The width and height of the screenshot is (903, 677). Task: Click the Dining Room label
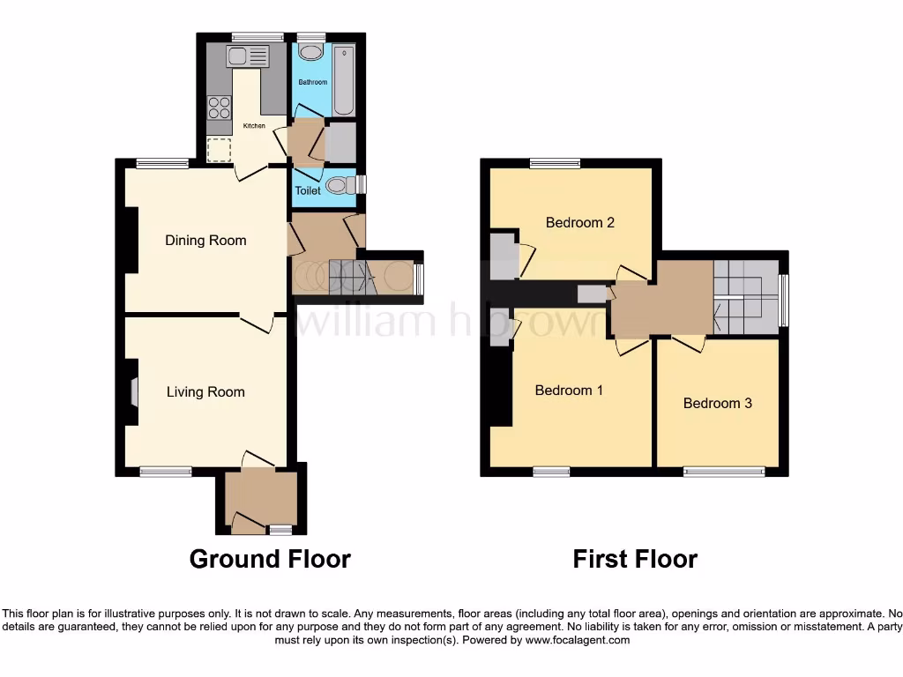[x=205, y=240]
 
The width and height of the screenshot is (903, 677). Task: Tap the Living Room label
[x=205, y=391]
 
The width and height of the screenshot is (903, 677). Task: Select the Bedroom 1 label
[x=569, y=390]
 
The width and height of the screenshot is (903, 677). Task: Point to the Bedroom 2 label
[x=579, y=222]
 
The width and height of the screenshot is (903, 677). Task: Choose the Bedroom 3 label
[x=717, y=403]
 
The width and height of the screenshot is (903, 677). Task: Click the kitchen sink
[x=246, y=57]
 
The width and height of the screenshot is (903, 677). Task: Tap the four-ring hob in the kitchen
[x=219, y=108]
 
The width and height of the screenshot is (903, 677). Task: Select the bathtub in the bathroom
[x=343, y=79]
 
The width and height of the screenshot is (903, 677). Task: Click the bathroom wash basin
[x=310, y=52]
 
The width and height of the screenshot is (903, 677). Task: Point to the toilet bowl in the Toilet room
[x=338, y=185]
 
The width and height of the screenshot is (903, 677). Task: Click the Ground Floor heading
[x=270, y=559]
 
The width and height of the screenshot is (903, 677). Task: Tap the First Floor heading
[x=635, y=559]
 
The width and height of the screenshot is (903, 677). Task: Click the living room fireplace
[x=133, y=392]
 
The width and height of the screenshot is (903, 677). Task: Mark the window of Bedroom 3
[x=724, y=472]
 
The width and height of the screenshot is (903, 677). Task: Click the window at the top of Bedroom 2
[x=555, y=163]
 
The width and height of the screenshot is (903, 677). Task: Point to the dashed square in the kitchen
[x=218, y=150]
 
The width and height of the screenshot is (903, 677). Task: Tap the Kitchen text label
[x=254, y=126]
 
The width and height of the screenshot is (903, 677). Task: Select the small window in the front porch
[x=280, y=530]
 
